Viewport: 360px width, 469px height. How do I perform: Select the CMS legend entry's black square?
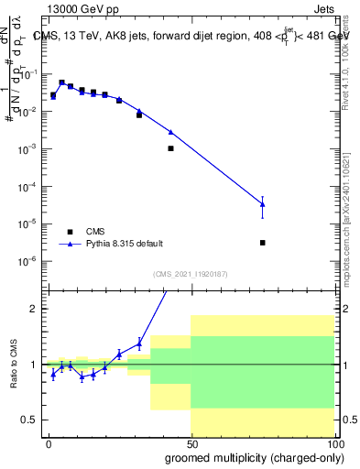click(70, 232)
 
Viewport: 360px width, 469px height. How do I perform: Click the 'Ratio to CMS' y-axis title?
click(14, 364)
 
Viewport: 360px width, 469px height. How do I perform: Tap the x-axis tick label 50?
click(191, 442)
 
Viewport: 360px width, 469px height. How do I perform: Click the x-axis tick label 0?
click(49, 442)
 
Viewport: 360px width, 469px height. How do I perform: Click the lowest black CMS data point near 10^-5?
click(263, 243)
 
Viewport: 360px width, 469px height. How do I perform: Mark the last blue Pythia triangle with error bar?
click(263, 204)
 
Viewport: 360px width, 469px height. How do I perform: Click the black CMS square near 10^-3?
click(170, 147)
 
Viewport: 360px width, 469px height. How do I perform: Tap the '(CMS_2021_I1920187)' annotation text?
click(190, 273)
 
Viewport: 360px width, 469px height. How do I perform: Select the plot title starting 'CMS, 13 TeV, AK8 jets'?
click(191, 36)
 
